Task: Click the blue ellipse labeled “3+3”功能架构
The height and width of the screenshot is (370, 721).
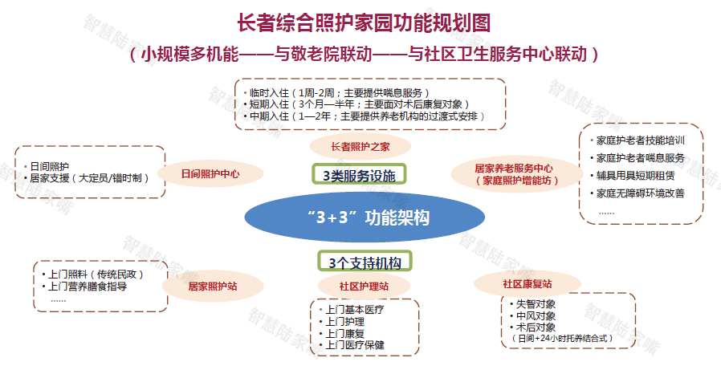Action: click(365, 217)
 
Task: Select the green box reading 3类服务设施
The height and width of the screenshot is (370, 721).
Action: click(359, 174)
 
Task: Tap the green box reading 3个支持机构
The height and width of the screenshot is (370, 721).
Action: click(365, 262)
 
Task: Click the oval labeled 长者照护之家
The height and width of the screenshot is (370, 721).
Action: click(360, 147)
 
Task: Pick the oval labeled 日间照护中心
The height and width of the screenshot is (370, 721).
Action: click(210, 173)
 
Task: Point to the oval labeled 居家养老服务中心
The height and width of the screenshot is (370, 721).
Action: click(517, 175)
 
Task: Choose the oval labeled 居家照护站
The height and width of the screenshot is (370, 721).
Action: click(213, 287)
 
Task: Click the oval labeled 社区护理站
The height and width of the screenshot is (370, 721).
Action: click(364, 287)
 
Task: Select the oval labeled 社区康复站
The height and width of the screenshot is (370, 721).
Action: click(527, 283)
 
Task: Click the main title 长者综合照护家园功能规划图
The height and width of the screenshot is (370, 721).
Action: click(364, 23)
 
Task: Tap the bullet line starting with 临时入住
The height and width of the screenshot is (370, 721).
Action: click(336, 93)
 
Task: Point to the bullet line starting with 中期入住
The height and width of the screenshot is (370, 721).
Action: click(365, 116)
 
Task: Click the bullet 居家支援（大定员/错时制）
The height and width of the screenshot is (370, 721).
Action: click(87, 178)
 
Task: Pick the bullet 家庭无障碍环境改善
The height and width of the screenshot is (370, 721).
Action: click(637, 193)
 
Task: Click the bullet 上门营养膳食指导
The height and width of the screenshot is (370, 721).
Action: click(84, 287)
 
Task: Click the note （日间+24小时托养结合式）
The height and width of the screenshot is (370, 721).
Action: click(563, 338)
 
